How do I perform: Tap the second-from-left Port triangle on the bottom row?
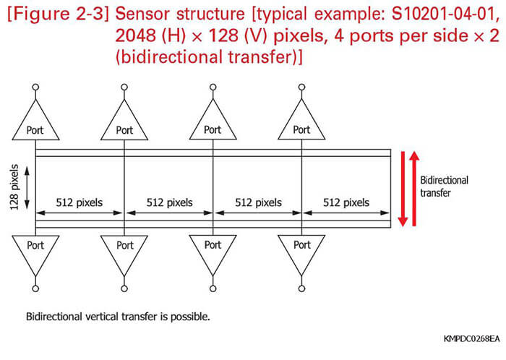point(124,250)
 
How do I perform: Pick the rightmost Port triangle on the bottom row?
point(301,250)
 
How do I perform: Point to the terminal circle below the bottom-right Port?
point(301,288)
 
